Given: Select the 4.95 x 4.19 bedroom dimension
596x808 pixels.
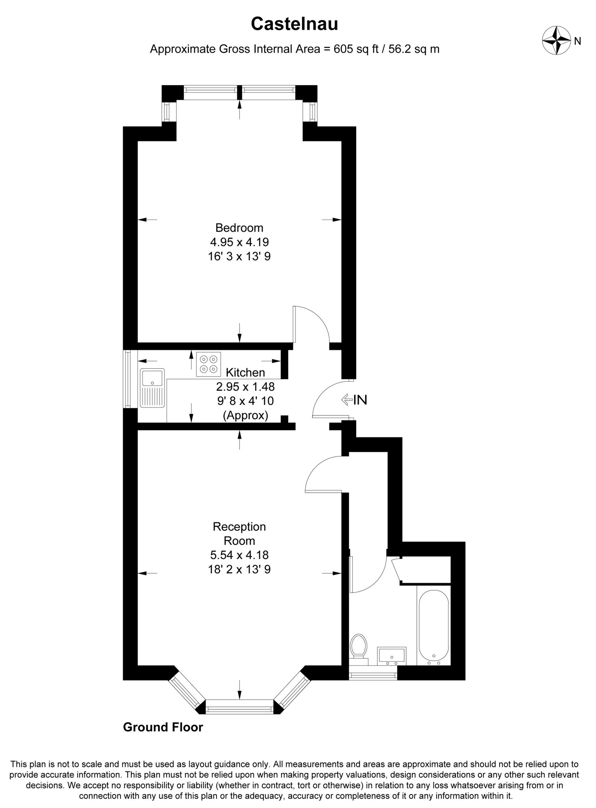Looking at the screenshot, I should pos(239,242).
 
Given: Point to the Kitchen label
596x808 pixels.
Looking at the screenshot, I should pos(245,372).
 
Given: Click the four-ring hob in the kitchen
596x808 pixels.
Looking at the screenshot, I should pos(209,364).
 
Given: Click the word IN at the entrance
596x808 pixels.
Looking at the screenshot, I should pos(360,400).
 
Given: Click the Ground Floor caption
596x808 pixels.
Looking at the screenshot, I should pos(163,727).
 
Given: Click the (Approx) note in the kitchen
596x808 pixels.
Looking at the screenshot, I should pos(245,415).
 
